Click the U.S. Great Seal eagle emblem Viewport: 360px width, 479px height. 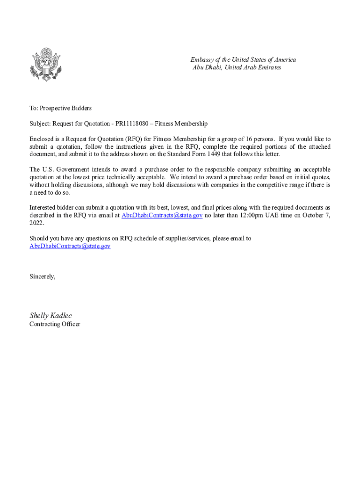(x=45, y=65)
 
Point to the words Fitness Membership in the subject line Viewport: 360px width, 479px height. (x=186, y=123)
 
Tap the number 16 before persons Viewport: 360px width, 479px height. (x=246, y=139)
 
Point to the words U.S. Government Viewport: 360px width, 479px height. (x=58, y=169)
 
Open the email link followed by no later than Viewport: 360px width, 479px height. (x=162, y=215)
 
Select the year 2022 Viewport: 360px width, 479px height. (x=36, y=223)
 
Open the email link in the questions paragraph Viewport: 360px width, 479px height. (x=70, y=246)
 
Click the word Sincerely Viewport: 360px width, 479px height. (x=42, y=276)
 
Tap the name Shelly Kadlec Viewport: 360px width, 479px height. (x=50, y=315)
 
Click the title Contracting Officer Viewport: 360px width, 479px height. (x=55, y=324)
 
